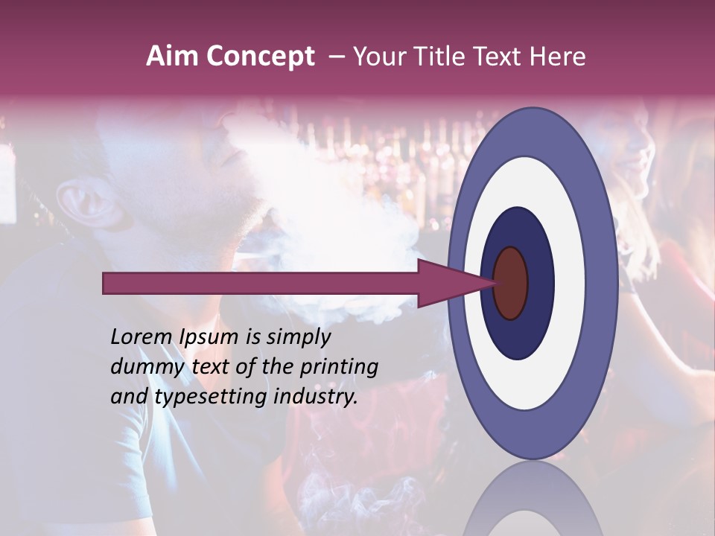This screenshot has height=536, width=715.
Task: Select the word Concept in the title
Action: (259, 57)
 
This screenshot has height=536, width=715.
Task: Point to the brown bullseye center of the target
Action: (510, 283)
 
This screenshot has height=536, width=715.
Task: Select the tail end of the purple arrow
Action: (105, 283)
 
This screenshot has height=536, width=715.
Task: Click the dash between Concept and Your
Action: (336, 57)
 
